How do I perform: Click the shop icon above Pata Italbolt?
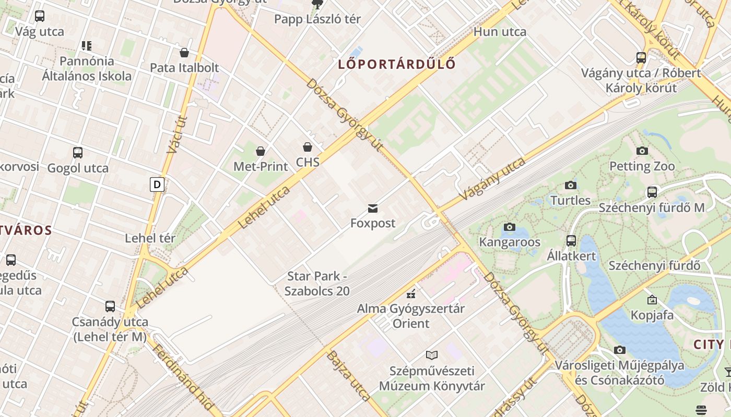[184, 53]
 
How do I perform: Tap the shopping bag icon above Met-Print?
[260, 151]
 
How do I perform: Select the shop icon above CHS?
[308, 147]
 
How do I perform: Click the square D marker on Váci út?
[157, 184]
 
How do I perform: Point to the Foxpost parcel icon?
[373, 208]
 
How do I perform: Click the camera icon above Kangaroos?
[509, 227]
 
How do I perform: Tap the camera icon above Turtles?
[570, 185]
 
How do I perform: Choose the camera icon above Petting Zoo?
[642, 151]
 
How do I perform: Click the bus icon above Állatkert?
[571, 241]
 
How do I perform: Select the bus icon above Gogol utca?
[78, 153]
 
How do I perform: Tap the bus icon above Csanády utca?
[110, 306]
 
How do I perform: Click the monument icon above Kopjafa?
[652, 300]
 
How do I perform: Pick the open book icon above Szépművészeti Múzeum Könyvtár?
[431, 355]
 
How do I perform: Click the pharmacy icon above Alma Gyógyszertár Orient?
[411, 293]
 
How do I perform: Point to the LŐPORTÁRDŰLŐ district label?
[397, 65]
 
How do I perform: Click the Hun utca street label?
[500, 32]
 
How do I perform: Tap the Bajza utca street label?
[348, 375]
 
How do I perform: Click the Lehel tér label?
[150, 238]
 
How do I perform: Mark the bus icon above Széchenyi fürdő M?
[652, 192]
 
